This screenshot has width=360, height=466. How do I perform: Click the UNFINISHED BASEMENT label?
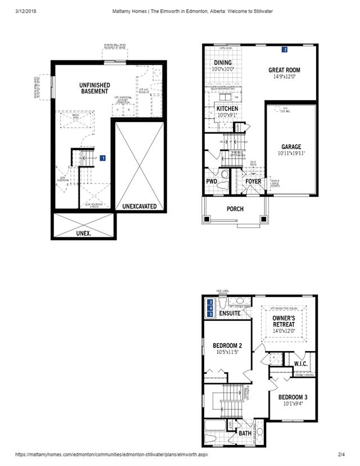click(x=94, y=88)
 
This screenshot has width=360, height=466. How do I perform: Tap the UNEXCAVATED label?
click(x=139, y=207)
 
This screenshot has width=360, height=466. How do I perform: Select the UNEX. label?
click(x=84, y=232)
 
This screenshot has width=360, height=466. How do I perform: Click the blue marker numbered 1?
click(x=103, y=158)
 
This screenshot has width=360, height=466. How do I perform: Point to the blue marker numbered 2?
click(x=285, y=50)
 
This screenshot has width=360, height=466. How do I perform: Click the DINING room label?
click(x=223, y=62)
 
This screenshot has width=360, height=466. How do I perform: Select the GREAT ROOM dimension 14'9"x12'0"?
click(x=284, y=77)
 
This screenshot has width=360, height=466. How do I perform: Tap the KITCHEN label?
click(x=227, y=109)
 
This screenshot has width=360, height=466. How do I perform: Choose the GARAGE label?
click(x=291, y=147)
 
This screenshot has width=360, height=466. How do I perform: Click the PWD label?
click(x=212, y=182)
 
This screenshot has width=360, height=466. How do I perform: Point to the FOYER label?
click(x=253, y=182)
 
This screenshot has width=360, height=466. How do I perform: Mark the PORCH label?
click(x=235, y=209)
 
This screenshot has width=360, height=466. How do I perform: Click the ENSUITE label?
click(x=229, y=313)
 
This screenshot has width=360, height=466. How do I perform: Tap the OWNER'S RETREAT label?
click(x=284, y=321)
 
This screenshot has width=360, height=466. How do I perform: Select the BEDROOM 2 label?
click(x=227, y=345)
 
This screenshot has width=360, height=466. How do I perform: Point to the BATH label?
click(x=245, y=433)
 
